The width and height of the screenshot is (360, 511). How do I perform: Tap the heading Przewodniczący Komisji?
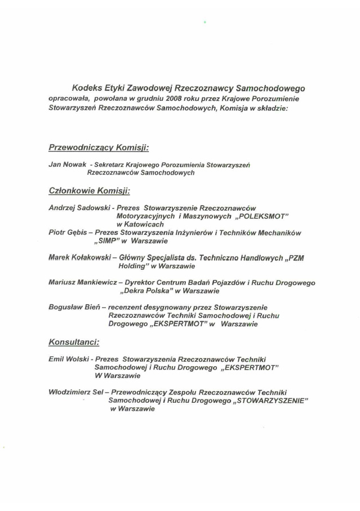point(99,148)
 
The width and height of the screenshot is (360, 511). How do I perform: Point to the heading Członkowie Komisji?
point(89,191)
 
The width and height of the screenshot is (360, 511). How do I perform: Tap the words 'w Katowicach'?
point(140,224)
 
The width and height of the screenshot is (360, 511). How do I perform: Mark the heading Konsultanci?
point(74,341)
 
